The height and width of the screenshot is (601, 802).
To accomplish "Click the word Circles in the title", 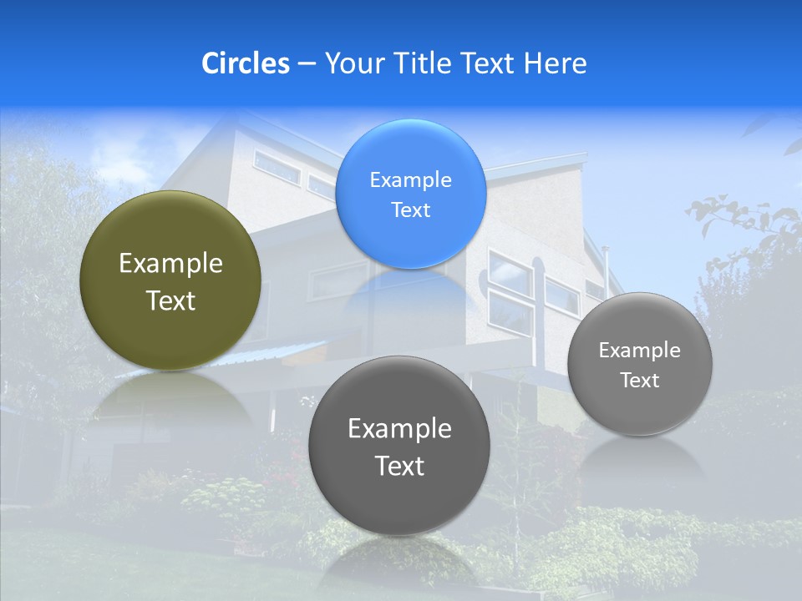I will pos(245,63).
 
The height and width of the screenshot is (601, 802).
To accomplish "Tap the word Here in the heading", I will pos(555,63).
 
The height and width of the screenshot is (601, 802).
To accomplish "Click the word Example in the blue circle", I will pos(410,179).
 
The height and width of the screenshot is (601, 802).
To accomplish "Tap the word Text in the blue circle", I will pos(410,210).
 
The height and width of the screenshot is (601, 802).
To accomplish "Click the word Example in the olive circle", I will pos(170,264).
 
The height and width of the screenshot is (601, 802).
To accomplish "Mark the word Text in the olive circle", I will pos(170,300).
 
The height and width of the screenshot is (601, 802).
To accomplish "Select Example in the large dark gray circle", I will pos(399,428).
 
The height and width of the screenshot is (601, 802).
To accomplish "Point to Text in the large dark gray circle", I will pos(399,466).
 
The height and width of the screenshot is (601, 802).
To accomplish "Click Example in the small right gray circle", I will pos(639,350).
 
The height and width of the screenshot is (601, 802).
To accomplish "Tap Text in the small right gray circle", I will pos(639,381).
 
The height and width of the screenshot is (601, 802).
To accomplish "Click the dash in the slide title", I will pos(307,63).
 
